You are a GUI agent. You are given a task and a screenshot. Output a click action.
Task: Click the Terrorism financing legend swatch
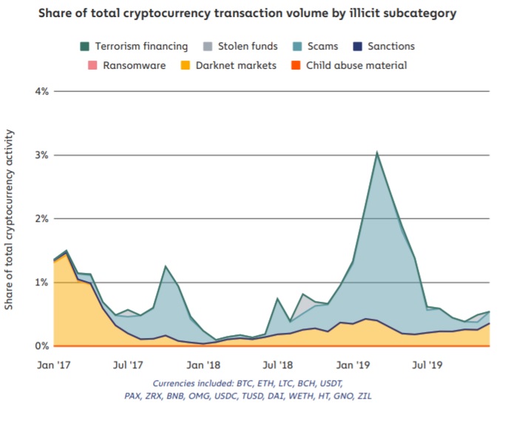click(x=85, y=47)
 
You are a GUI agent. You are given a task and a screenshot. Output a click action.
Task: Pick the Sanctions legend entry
click(x=384, y=47)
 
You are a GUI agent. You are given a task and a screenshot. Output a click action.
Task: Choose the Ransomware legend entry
click(x=124, y=65)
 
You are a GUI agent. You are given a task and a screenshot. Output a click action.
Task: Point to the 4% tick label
click(x=41, y=92)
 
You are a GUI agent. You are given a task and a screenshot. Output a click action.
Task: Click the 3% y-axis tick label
click(x=41, y=155)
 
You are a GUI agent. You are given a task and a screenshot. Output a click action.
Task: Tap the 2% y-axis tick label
click(x=41, y=219)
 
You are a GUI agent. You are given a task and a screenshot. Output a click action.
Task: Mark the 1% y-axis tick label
click(x=41, y=282)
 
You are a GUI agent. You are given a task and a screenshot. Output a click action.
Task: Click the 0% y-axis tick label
click(x=41, y=346)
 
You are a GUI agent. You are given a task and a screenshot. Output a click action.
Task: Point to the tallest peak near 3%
click(x=376, y=152)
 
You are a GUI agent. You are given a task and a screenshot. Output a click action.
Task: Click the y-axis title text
click(x=10, y=219)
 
